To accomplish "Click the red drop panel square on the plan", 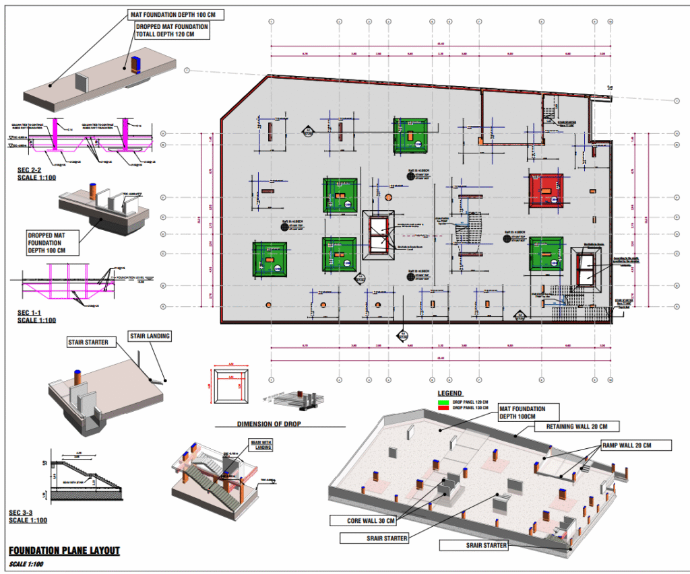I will coord(546,191).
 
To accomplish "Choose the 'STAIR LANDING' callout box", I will coord(150,336).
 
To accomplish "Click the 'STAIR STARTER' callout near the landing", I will coord(88,343).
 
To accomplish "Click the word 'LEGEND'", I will coord(450,393).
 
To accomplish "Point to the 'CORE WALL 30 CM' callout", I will coord(363,520).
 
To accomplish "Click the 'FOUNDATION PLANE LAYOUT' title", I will coord(65,550).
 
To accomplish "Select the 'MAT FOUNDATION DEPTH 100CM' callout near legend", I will coord(522,412).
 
